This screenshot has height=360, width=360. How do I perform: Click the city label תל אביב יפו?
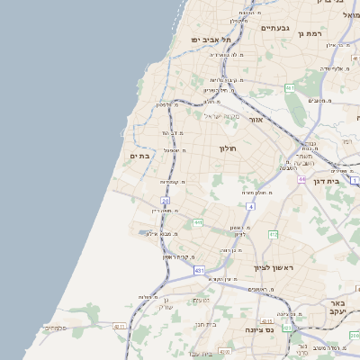click(x=211, y=40)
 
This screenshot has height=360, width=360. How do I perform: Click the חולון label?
click(x=227, y=148)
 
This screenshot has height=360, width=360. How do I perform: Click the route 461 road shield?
click(x=290, y=87)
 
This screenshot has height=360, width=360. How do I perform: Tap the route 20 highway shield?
click(x=165, y=200)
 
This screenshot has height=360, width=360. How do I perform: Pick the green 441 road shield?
click(x=197, y=222)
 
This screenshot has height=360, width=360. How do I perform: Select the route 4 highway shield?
click(x=250, y=206)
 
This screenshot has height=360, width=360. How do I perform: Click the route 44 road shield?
click(x=302, y=179)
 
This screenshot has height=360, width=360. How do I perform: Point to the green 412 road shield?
click(x=274, y=234)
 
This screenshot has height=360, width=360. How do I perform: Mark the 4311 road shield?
click(x=120, y=327)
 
